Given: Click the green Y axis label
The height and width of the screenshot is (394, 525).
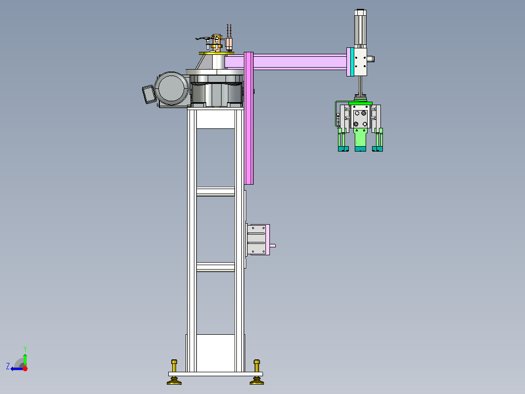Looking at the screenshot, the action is pyautogui.click(x=25, y=349).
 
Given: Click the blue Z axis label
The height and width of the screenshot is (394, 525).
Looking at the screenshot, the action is pyautogui.click(x=8, y=366).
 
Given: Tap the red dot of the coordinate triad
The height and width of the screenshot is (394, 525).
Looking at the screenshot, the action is pyautogui.click(x=25, y=369).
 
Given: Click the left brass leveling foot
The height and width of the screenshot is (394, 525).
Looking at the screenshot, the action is pyautogui.click(x=174, y=372).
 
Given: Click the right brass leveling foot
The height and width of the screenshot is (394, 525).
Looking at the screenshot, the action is pyautogui.click(x=257, y=372).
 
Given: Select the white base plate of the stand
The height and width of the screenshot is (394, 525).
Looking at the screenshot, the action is pyautogui.click(x=216, y=374).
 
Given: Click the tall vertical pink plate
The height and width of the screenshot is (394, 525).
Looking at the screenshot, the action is pyautogui.click(x=249, y=118).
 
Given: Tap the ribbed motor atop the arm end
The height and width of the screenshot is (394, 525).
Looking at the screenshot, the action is pyautogui.click(x=360, y=29).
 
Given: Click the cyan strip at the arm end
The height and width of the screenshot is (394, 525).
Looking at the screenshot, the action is pyautogui.click(x=352, y=62).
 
